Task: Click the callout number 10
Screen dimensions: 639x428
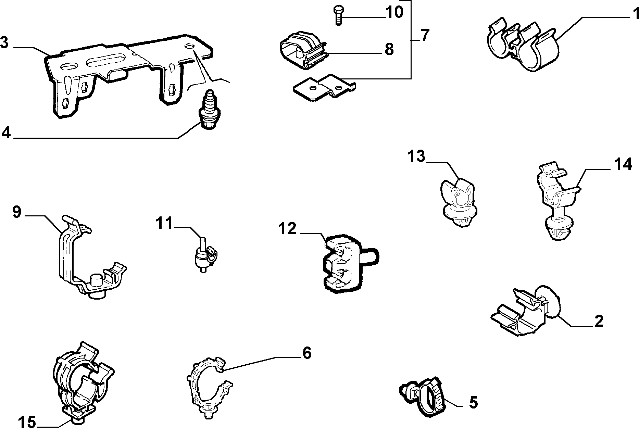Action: [x=394, y=12]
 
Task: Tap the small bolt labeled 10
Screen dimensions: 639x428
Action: [x=339, y=15]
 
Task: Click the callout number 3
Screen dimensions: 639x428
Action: [x=4, y=43]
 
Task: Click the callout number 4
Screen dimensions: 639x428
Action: [x=6, y=133]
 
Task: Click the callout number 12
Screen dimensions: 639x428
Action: [x=287, y=228]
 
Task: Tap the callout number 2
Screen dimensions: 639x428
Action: [x=599, y=321]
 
